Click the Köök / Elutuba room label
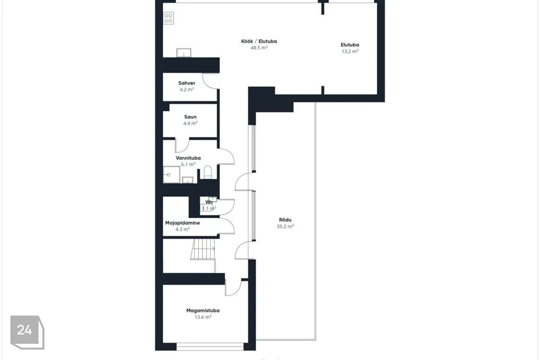pyautogui.click(x=259, y=41)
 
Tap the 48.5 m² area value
pyautogui.click(x=259, y=48)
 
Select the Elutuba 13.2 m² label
pyautogui.click(x=350, y=48)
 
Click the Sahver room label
pyautogui.click(x=187, y=83)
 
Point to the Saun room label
pyautogui.click(x=190, y=117)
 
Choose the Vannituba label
pyautogui.click(x=188, y=157)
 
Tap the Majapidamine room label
pyautogui.click(x=182, y=223)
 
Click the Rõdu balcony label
pyautogui.click(x=285, y=220)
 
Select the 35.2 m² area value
pyautogui.click(x=285, y=226)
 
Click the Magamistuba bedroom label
pyautogui.click(x=203, y=310)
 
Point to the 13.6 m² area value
pyautogui.click(x=203, y=317)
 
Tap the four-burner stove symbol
pyautogui.click(x=168, y=18)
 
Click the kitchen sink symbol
pyautogui.click(x=184, y=53)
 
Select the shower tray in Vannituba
pyautogui.click(x=171, y=175)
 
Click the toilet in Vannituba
pyautogui.click(x=208, y=172)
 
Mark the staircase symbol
pyautogui.click(x=203, y=249)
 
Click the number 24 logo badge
pyautogui.click(x=27, y=332)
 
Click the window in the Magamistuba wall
pyautogui.click(x=210, y=346)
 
